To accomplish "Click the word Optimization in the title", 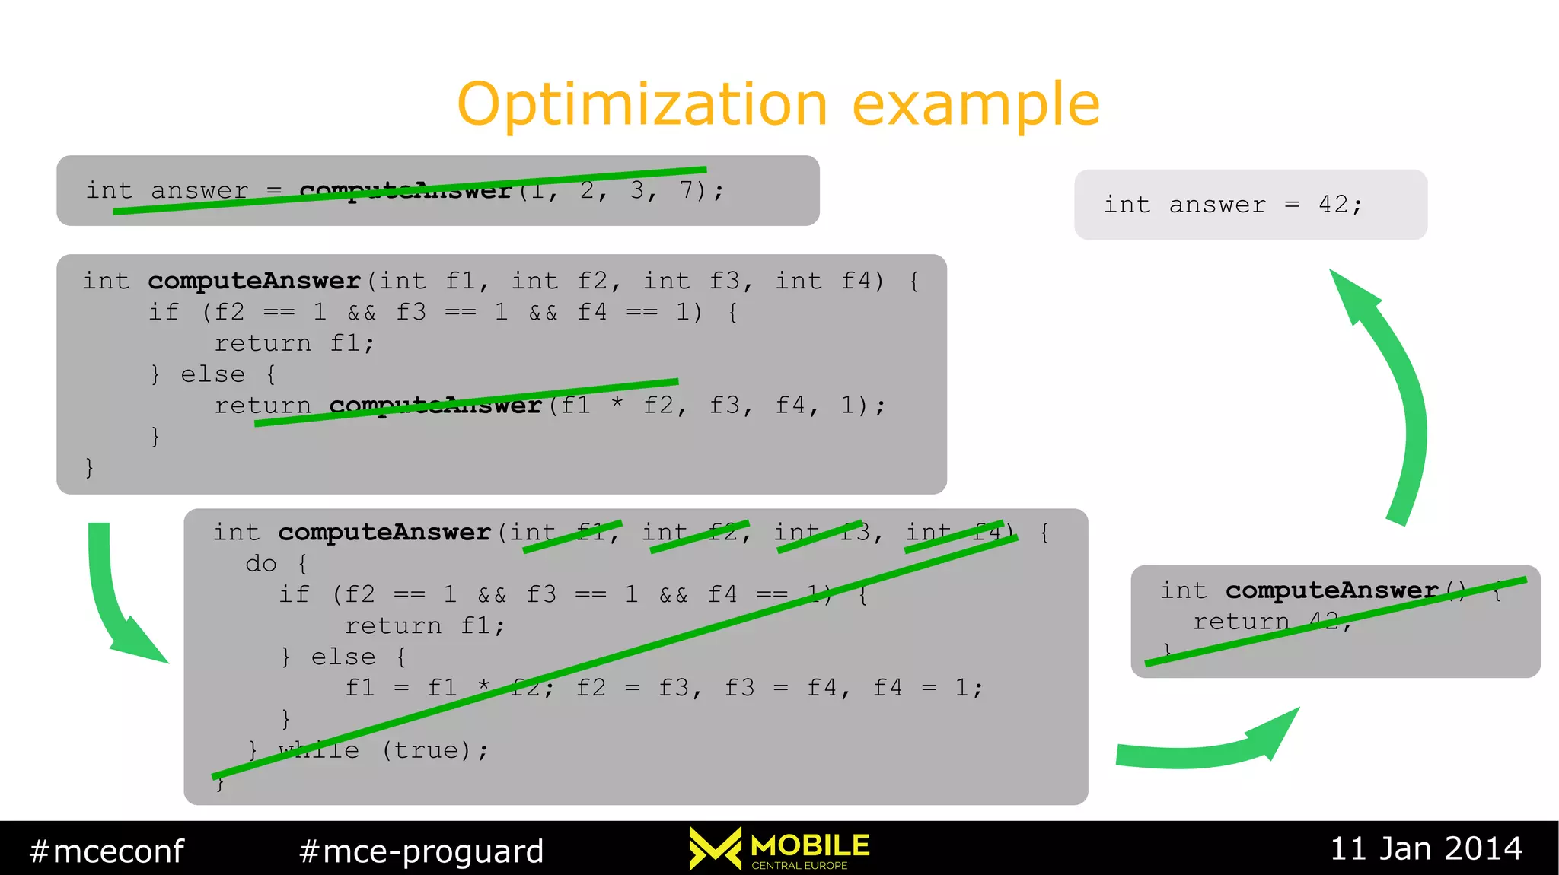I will (x=642, y=104).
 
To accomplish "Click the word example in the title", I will (x=976, y=104).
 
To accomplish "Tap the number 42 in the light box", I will (x=1333, y=204).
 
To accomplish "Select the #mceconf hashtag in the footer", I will (x=107, y=851).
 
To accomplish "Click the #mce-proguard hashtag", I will (x=422, y=851).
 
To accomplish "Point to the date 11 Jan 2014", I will (x=1426, y=848).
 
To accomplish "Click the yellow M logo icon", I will (x=715, y=848).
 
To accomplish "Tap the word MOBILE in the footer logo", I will (x=810, y=845).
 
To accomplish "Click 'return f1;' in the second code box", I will (x=294, y=343).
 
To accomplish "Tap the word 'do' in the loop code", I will (x=261, y=563).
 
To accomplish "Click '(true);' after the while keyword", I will (x=435, y=750).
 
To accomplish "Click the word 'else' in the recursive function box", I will (x=212, y=374).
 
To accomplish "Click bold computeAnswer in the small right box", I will (x=1331, y=590).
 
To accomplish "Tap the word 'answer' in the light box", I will (x=1217, y=204).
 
